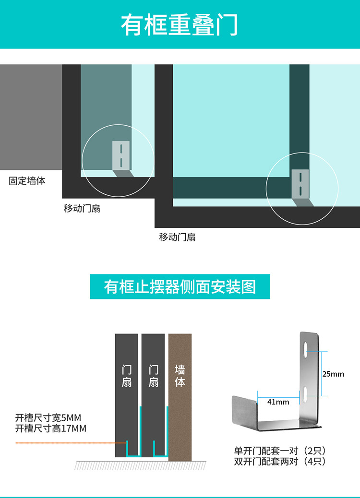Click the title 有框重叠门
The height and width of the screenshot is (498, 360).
180,25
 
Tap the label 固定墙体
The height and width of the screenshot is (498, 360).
27,181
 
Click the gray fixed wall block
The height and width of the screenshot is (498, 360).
31,117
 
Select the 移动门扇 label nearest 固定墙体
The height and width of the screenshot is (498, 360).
82,209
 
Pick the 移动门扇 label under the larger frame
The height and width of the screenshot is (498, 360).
177,237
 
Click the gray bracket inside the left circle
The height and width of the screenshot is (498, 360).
120,155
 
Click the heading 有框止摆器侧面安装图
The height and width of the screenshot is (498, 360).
180,287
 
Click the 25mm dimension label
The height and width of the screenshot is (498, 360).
333,374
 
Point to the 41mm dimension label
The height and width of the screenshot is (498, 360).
278,402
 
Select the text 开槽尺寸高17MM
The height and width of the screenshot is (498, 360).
51,428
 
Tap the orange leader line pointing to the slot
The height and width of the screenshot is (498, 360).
67,442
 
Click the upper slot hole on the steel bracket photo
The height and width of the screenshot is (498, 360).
305,350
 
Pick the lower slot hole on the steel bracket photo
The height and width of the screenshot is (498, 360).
305,395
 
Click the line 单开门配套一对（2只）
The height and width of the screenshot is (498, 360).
280,451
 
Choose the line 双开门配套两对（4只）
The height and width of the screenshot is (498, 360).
280,462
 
